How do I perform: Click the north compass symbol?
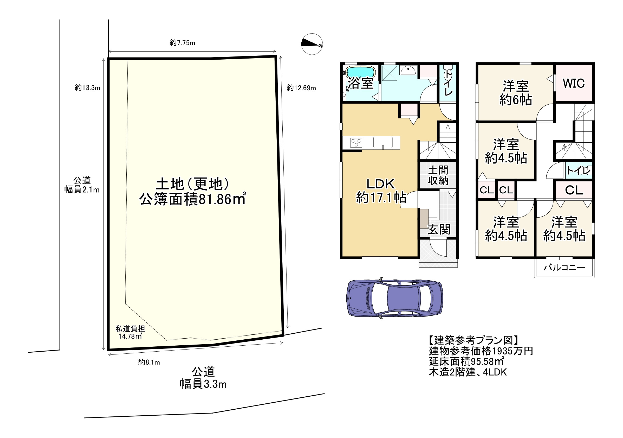click(312, 44)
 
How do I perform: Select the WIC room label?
click(574, 83)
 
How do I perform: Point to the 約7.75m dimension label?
click(182, 43)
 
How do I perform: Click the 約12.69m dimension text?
click(301, 88)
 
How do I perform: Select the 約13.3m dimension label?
click(87, 87)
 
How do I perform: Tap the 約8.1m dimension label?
click(149, 362)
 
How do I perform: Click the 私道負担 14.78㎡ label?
click(130, 332)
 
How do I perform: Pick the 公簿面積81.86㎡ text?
click(192, 199)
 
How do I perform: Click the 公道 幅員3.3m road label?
click(203, 378)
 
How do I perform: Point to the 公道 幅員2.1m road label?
click(82, 185)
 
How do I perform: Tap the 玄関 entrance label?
click(439, 230)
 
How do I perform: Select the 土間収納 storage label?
click(438, 175)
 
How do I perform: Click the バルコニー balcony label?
click(564, 268)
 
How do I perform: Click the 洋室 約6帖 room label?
click(516, 93)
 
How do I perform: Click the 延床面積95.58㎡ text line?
click(466, 361)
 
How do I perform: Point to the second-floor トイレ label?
click(579, 170)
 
